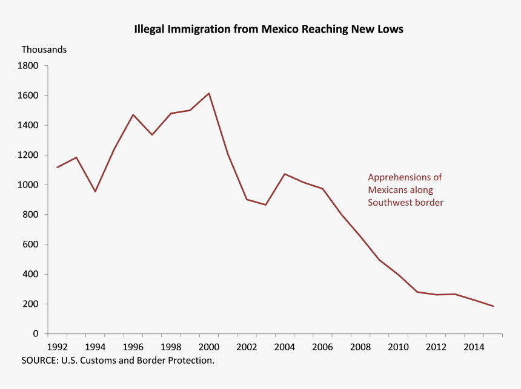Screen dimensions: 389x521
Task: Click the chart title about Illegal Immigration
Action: click(x=268, y=29)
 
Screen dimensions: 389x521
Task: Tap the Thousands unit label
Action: click(x=44, y=50)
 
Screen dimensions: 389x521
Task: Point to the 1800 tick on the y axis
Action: click(x=29, y=65)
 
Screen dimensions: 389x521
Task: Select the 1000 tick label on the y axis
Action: click(x=29, y=185)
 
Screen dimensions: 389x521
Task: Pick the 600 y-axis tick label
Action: click(x=32, y=244)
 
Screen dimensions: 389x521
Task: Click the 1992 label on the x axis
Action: click(x=58, y=347)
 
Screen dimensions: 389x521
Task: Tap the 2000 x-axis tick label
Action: click(x=209, y=347)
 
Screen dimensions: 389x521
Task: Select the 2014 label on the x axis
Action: click(x=474, y=347)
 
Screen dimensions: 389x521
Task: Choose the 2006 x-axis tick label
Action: click(x=323, y=347)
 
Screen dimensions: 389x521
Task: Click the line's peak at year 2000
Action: click(x=209, y=93)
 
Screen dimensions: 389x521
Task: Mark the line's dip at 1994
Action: click(x=95, y=191)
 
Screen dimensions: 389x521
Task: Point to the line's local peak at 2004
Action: click(x=285, y=174)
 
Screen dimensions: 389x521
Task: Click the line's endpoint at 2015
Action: click(x=493, y=306)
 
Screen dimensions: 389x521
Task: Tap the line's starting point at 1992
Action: click(x=58, y=167)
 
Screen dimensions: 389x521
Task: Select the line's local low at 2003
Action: click(x=265, y=205)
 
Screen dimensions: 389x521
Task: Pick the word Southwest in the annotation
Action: click(x=390, y=203)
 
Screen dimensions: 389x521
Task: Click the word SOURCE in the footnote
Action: click(x=39, y=361)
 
